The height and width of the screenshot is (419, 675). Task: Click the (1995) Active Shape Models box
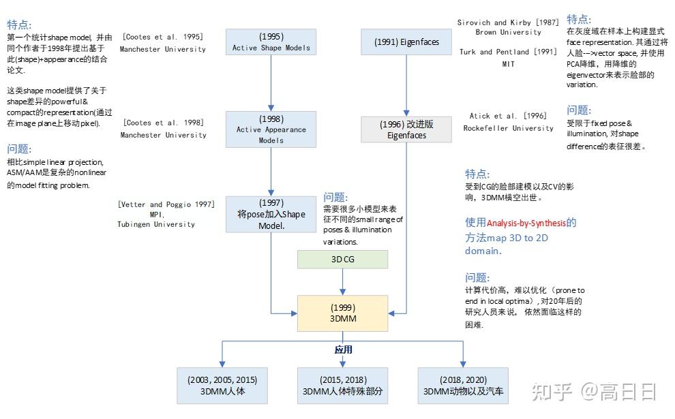[271, 42]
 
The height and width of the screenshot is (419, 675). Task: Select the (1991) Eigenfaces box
[406, 42]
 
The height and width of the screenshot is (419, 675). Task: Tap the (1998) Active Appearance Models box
[271, 129]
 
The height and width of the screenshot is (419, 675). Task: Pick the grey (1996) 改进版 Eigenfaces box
[406, 129]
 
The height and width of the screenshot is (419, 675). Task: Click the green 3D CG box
[342, 259]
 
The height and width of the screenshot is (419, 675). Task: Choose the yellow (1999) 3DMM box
[342, 313]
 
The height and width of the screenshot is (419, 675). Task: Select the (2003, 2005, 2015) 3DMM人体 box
[222, 386]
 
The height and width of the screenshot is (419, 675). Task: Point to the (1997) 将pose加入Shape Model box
[271, 214]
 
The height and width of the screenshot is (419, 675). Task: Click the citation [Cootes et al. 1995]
[162, 37]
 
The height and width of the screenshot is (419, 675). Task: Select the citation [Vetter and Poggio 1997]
[166, 204]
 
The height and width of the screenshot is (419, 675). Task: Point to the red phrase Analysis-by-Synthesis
[521, 223]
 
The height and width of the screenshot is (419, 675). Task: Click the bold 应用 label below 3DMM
[343, 350]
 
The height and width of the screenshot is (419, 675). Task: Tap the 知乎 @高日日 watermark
[595, 392]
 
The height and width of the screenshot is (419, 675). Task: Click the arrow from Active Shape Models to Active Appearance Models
[271, 82]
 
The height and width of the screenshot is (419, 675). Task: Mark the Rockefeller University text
[508, 128]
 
